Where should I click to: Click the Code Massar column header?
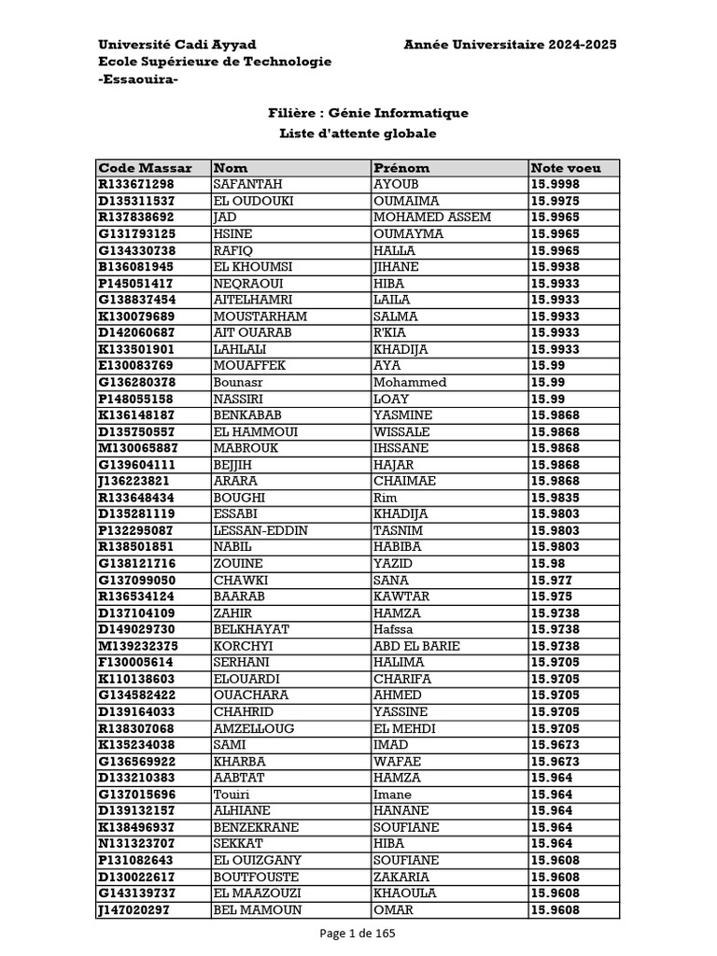(x=145, y=168)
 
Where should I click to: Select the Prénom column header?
(x=401, y=168)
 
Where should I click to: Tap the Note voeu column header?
(x=566, y=168)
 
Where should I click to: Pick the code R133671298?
(x=136, y=185)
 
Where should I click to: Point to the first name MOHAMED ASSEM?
(x=432, y=218)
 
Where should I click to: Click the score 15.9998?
(x=555, y=185)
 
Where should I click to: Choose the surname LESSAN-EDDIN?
(x=261, y=530)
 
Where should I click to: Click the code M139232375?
(x=138, y=646)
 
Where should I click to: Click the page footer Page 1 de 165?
(x=358, y=933)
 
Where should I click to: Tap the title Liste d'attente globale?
(x=358, y=134)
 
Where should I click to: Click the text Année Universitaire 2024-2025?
(x=510, y=45)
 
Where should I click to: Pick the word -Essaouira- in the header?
(x=138, y=79)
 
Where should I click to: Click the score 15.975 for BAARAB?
(x=552, y=597)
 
